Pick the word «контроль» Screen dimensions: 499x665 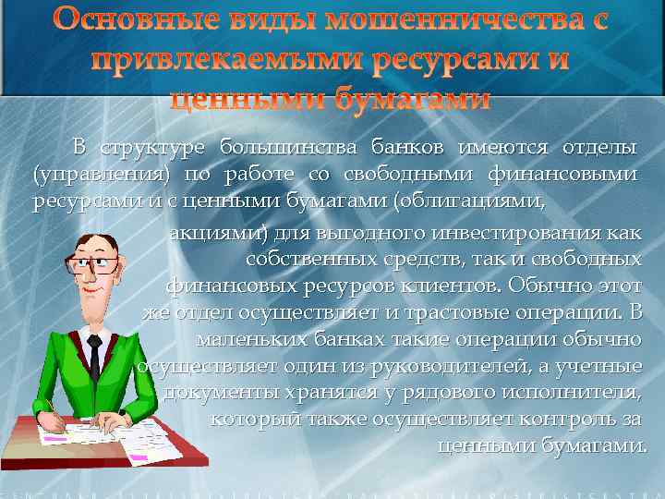click(562, 420)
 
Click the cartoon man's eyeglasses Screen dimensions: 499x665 click(96, 262)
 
